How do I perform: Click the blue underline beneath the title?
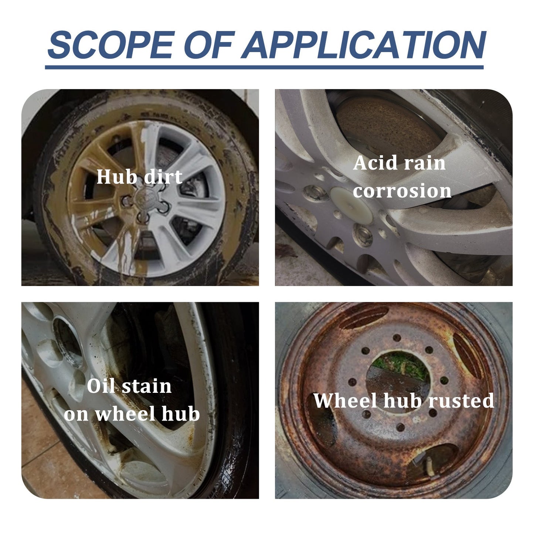[x=264, y=67]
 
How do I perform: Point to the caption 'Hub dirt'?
[x=139, y=177]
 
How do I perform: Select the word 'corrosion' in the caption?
[x=402, y=191]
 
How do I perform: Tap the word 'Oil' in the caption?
[x=101, y=387]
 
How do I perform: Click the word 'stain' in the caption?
[x=146, y=387]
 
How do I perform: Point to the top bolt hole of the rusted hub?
[x=397, y=337]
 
